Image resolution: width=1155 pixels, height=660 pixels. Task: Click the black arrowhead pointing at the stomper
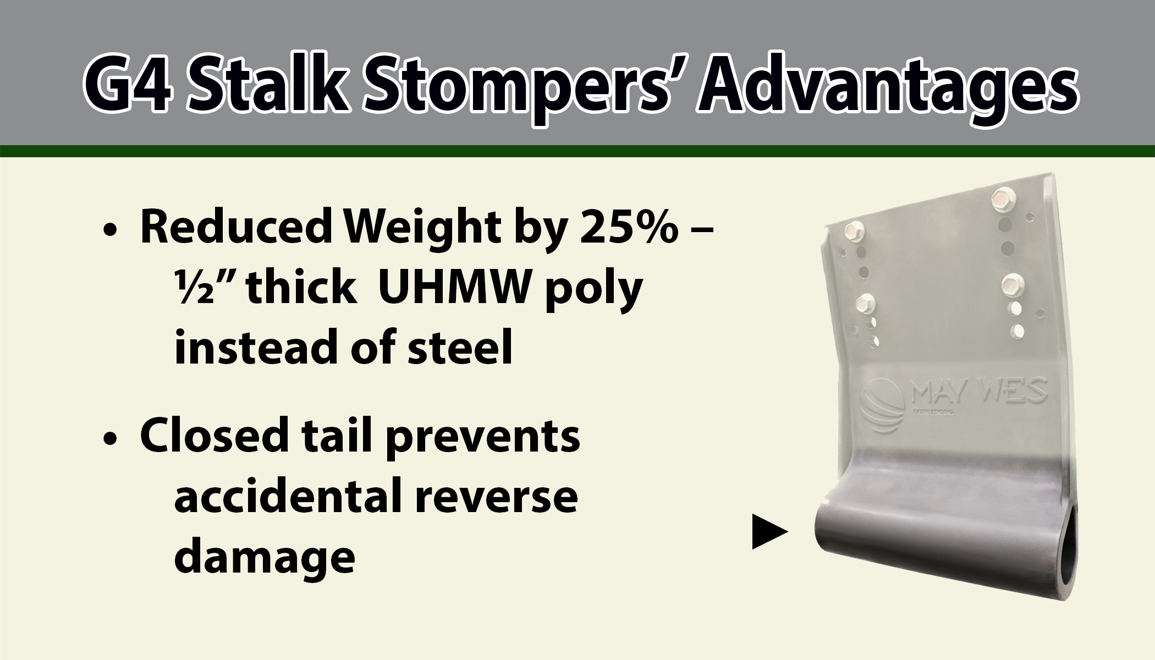coord(769,531)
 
